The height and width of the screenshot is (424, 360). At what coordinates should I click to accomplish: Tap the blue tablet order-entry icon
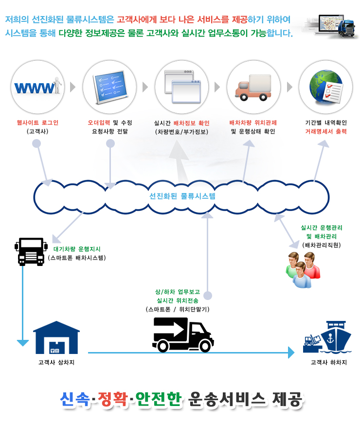[109, 87]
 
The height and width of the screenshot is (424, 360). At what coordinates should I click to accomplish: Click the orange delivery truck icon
[253, 87]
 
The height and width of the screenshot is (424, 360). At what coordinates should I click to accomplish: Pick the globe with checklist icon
[325, 87]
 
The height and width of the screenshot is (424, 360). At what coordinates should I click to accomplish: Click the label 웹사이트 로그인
[37, 123]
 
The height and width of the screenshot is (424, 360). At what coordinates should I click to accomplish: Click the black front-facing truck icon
[32, 250]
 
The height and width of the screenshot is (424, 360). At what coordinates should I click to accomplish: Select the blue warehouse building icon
[56, 337]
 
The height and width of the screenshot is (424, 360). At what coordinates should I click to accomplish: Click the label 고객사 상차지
[56, 362]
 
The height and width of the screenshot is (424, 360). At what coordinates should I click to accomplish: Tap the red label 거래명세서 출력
[326, 131]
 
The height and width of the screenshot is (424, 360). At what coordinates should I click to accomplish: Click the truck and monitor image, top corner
[329, 27]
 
